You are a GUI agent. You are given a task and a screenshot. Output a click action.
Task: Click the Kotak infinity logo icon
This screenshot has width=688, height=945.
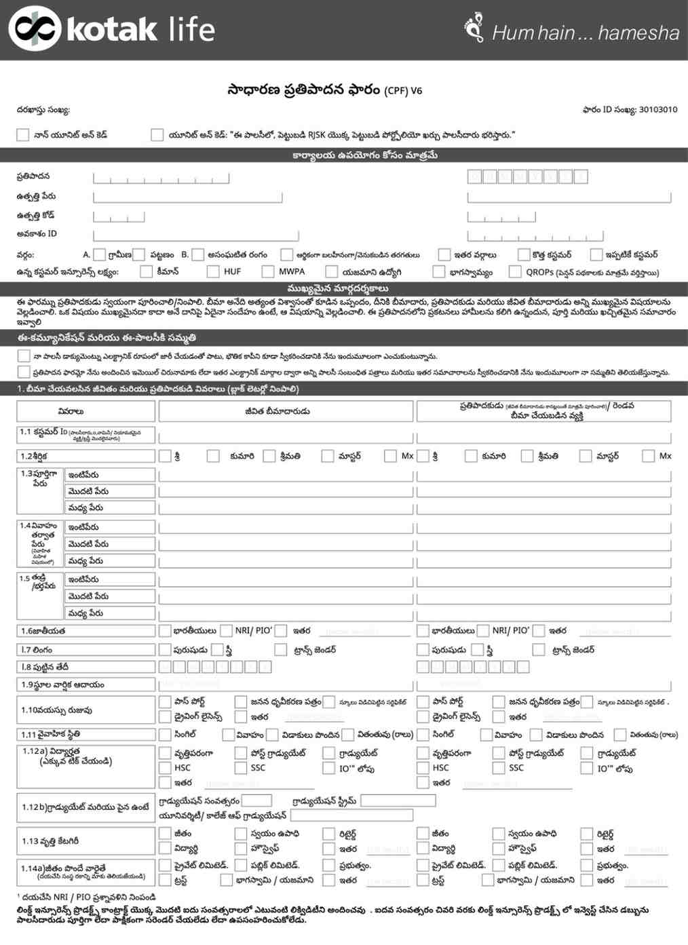pyautogui.click(x=35, y=28)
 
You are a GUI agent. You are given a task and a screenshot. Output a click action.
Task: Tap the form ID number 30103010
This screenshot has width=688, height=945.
pyautogui.click(x=657, y=110)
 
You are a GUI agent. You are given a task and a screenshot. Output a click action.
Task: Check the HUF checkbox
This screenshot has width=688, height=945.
pyautogui.click(x=212, y=271)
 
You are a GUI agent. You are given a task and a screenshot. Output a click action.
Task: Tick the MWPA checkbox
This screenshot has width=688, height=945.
pyautogui.click(x=267, y=271)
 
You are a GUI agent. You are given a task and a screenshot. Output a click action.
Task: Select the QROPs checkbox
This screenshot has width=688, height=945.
pyautogui.click(x=515, y=271)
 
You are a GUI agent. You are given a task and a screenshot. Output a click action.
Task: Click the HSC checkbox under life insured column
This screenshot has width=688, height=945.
pyautogui.click(x=165, y=768)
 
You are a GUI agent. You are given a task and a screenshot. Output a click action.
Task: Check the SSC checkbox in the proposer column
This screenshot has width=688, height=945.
pyautogui.click(x=499, y=768)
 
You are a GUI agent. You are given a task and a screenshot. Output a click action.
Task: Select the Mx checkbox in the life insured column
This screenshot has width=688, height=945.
pyautogui.click(x=390, y=456)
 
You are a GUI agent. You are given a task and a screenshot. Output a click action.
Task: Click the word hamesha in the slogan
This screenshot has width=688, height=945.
pyautogui.click(x=638, y=33)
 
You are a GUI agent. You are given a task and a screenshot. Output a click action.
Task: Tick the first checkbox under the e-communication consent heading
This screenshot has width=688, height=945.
pyautogui.click(x=24, y=355)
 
